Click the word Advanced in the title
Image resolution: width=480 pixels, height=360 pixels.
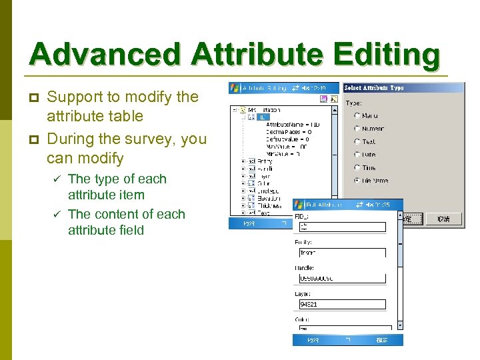pyautogui.click(x=104, y=55)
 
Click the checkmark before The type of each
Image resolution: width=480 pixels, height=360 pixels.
pyautogui.click(x=57, y=179)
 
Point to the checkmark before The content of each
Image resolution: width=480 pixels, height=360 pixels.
pyautogui.click(x=57, y=215)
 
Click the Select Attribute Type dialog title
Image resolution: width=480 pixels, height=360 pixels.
pyautogui.click(x=373, y=87)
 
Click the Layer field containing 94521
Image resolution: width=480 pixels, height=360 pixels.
pyautogui.click(x=342, y=304)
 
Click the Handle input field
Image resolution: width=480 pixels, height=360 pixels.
pyautogui.click(x=342, y=278)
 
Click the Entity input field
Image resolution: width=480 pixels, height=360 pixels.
pyautogui.click(x=342, y=253)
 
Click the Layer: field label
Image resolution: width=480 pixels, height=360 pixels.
pyautogui.click(x=303, y=293)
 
